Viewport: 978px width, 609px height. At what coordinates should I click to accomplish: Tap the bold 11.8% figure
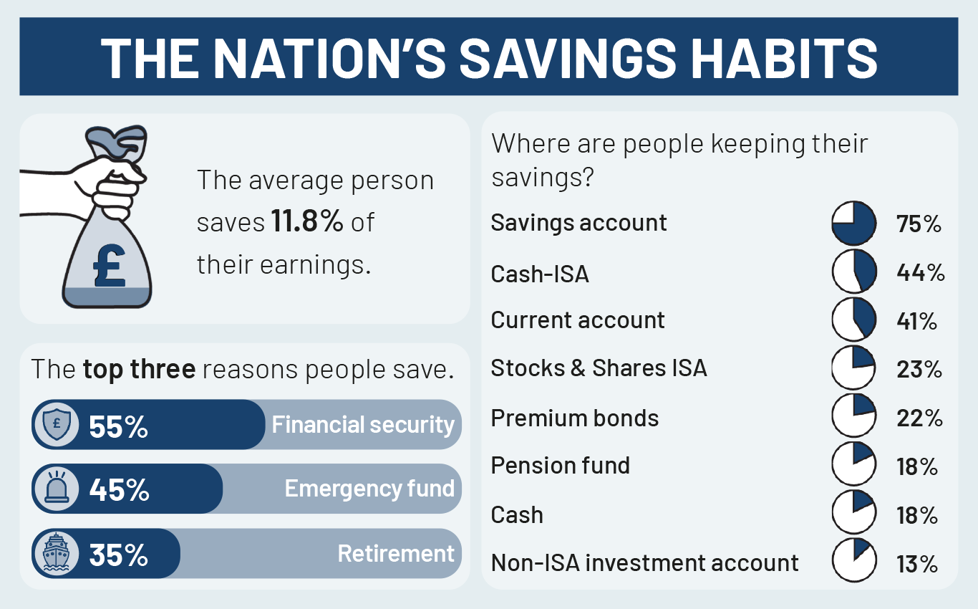[306, 222]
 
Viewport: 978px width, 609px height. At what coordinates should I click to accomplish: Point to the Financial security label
[363, 425]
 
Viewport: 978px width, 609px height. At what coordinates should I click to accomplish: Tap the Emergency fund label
[369, 489]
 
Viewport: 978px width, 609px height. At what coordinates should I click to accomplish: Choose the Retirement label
[396, 554]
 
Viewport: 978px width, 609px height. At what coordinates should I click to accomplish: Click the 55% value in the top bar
[118, 426]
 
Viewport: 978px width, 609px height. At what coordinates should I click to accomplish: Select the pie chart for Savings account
[853, 223]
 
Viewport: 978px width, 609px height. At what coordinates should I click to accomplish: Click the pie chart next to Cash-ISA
[853, 272]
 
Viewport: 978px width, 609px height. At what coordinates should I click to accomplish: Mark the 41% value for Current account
[917, 321]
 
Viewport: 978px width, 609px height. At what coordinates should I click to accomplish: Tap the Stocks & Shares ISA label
[599, 368]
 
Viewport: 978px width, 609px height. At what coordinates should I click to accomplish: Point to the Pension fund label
[560, 466]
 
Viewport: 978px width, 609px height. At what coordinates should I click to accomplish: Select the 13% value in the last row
[917, 565]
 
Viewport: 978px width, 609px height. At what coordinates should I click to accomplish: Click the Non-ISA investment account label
[644, 563]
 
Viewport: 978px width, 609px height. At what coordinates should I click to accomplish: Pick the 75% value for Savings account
[919, 224]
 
